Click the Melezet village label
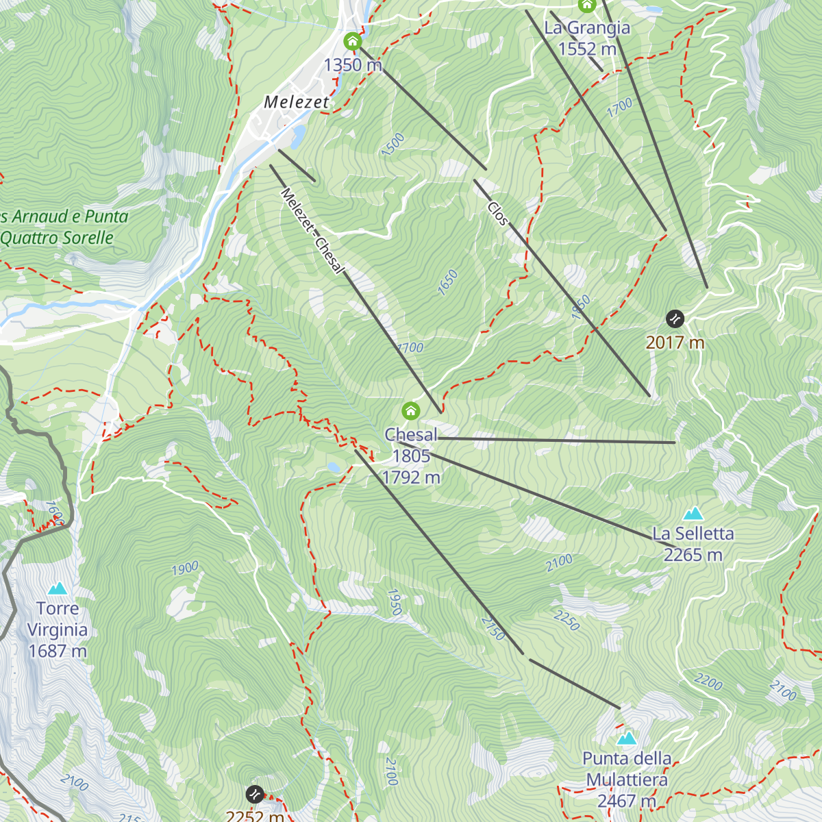[x=297, y=102]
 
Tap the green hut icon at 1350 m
[x=352, y=42]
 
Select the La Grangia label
[x=587, y=28]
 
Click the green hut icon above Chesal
[x=410, y=411]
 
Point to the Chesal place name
[x=410, y=435]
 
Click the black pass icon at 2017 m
[x=675, y=319]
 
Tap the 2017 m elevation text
[x=675, y=342]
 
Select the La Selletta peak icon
[x=693, y=514]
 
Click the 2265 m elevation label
[x=693, y=555]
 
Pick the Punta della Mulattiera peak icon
[x=627, y=738]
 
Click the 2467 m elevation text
[x=626, y=801]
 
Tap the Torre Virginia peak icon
[x=58, y=588]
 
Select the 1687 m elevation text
[x=58, y=651]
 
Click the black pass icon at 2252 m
[x=254, y=794]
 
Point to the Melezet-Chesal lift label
[x=312, y=231]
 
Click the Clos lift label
[x=498, y=214]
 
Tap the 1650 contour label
[x=447, y=282]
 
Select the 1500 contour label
[x=393, y=145]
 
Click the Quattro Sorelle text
[x=57, y=238]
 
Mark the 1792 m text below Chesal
[x=411, y=477]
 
